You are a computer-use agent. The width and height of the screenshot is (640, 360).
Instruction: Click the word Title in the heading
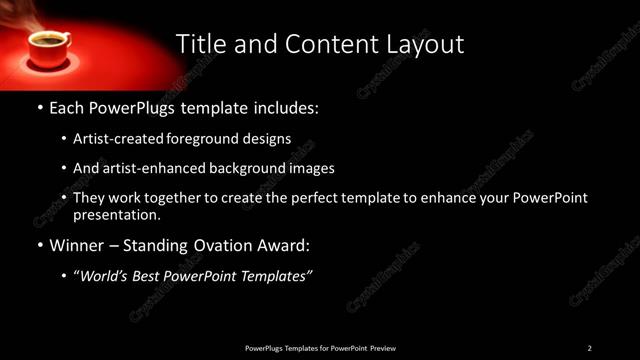coord(199,44)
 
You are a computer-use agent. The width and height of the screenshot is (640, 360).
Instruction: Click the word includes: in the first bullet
coord(285,105)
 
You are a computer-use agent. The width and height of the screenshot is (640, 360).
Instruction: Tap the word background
coord(256,168)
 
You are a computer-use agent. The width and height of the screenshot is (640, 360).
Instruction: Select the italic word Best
coord(152,276)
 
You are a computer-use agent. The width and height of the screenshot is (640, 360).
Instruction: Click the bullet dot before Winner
coord(39,245)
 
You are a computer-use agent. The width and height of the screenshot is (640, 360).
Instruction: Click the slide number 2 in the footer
coord(589,348)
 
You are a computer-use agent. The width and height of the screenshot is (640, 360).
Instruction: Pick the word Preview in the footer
coord(383,348)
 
